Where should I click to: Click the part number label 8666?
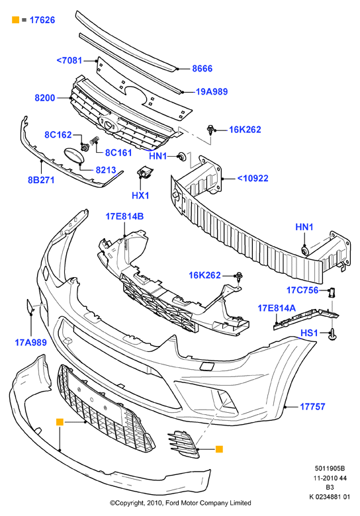click(202, 68)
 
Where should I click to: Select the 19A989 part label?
click(212, 91)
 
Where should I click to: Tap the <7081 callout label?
click(69, 61)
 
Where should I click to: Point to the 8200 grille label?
click(45, 98)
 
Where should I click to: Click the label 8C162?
click(58, 134)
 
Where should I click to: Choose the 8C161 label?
click(118, 153)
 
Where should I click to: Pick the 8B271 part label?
click(41, 180)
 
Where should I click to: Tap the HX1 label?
click(140, 195)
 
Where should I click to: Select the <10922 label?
click(253, 179)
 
